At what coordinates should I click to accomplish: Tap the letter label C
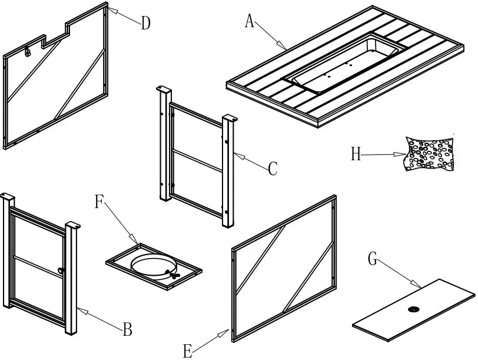(x=272, y=169)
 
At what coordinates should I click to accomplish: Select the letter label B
(x=128, y=329)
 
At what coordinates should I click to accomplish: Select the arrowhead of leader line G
(x=419, y=285)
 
